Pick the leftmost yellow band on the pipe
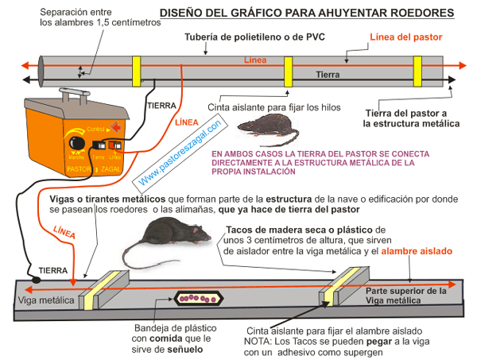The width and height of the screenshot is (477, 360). coord(137,69)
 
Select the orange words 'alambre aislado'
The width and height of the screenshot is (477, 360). coord(418,251)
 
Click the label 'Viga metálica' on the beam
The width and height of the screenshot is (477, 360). coord(46,302)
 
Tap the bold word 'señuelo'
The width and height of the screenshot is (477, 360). coord(182,349)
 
